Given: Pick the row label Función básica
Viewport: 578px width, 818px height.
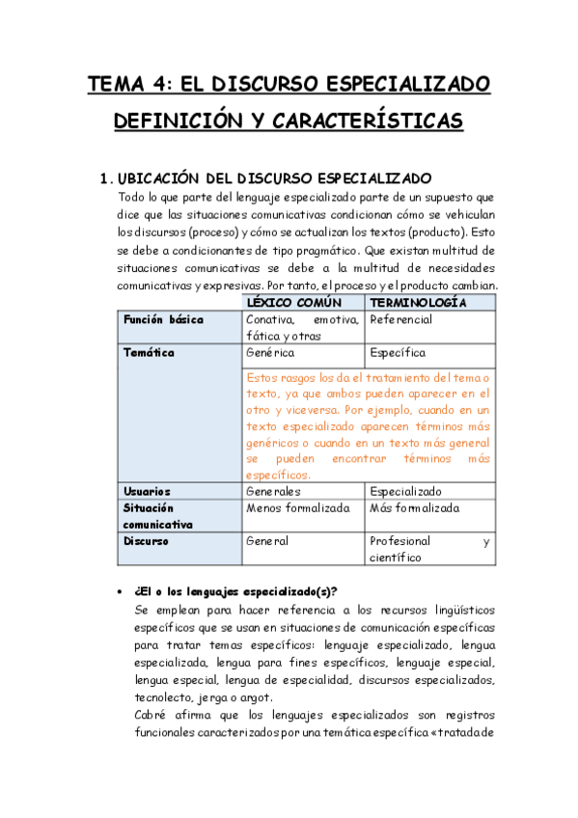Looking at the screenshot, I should click(x=163, y=319).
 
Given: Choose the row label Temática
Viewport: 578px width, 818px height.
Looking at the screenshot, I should click(x=149, y=353).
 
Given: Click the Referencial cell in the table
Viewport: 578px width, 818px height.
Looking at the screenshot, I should click(x=401, y=319).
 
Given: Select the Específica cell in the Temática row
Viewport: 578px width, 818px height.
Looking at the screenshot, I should click(x=398, y=353).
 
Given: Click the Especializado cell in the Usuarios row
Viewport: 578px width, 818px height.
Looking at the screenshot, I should click(x=406, y=491).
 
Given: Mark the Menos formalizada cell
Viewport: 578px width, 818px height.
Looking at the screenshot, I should click(x=298, y=508).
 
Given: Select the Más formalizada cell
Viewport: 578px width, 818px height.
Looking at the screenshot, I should click(x=415, y=508).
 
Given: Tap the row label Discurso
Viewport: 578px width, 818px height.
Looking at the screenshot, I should click(x=146, y=541).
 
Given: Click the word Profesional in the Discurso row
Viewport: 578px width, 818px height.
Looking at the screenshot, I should click(x=400, y=541).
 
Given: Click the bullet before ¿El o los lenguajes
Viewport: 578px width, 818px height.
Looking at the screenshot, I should click(x=119, y=591).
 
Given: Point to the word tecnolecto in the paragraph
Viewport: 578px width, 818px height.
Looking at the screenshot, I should click(x=163, y=697).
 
